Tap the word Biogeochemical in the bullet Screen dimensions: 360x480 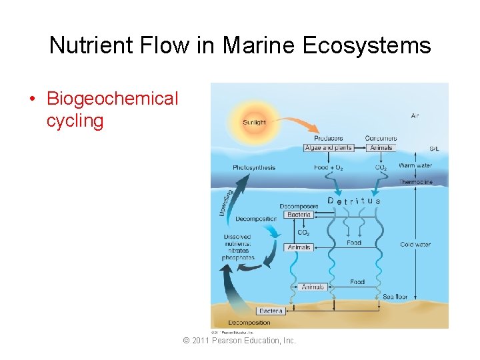pyautogui.click(x=112, y=99)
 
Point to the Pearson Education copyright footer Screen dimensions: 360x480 pyautogui.click(x=239, y=341)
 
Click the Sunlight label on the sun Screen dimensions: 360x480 pyautogui.click(x=254, y=122)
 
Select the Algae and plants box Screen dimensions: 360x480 pyautogui.click(x=329, y=147)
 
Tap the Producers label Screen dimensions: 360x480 pyautogui.click(x=328, y=138)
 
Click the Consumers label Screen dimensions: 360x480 pyautogui.click(x=381, y=138)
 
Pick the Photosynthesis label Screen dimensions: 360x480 pyautogui.click(x=254, y=167)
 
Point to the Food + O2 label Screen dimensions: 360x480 pyautogui.click(x=329, y=168)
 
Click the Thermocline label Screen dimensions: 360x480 pyautogui.click(x=415, y=181)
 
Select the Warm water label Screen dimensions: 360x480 pyautogui.click(x=415, y=165)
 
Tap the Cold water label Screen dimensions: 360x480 pyautogui.click(x=415, y=245)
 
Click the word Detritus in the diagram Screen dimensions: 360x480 pyautogui.click(x=354, y=201)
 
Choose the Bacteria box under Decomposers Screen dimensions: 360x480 pyautogui.click(x=298, y=215)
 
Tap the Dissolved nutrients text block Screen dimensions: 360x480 pyautogui.click(x=238, y=247)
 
